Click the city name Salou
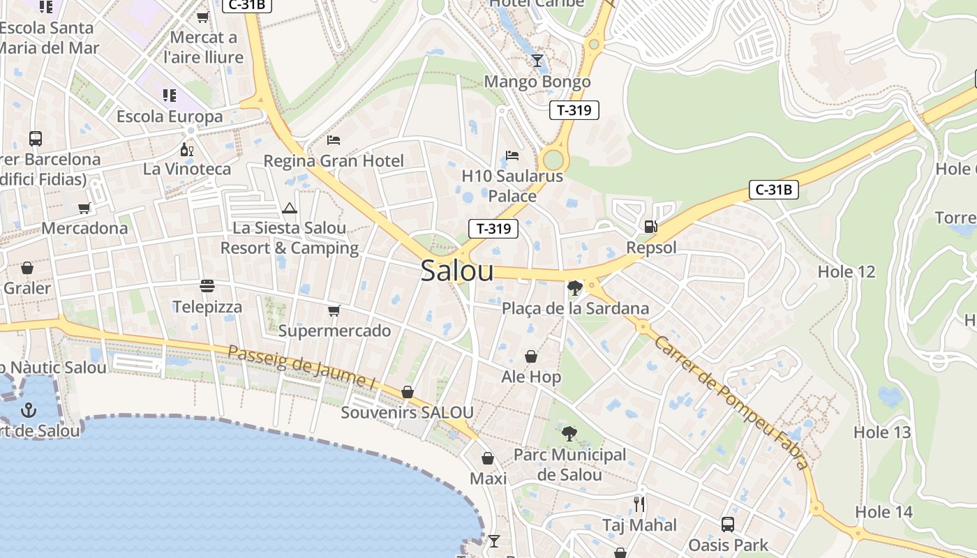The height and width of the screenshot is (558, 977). tap(457, 271)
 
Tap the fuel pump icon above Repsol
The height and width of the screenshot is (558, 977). tap(650, 226)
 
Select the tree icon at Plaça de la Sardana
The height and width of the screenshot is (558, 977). tap(575, 287)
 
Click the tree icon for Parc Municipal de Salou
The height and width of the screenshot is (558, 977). tap(569, 434)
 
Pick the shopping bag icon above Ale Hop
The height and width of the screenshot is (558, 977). tap(531, 356)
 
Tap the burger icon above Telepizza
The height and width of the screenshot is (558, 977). tap(207, 285)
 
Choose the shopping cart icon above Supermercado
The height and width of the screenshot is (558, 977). tap(334, 310)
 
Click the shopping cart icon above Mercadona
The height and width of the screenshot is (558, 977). tap(84, 207)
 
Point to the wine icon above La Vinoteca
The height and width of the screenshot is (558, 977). tap(186, 149)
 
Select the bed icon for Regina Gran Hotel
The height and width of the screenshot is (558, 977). tap(334, 140)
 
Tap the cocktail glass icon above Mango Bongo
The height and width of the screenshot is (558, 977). tap(537, 61)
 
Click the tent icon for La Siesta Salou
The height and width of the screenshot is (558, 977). tap(290, 208)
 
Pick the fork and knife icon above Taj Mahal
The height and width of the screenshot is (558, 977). tap(639, 504)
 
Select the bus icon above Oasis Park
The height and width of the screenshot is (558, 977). tap(728, 524)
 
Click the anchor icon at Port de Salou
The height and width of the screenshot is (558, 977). tap(29, 409)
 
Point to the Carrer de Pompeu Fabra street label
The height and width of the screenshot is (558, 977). tap(732, 402)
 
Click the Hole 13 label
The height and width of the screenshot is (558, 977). tap(882, 432)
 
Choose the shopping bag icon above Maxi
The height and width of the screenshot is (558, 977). tap(488, 458)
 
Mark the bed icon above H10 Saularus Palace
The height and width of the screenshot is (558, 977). tap(512, 155)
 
